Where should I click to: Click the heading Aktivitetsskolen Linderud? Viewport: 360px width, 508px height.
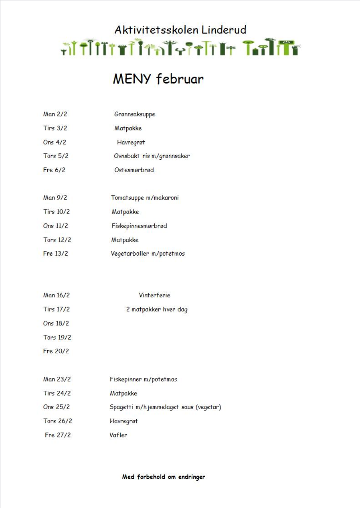pyautogui.click(x=180, y=30)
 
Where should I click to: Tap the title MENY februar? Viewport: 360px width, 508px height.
pyautogui.click(x=158, y=79)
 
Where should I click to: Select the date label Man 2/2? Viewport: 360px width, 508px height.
pyautogui.click(x=55, y=114)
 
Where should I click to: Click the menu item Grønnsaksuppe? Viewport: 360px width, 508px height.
pyautogui.click(x=135, y=114)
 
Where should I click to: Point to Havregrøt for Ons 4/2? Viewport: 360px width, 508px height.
pyautogui.click(x=131, y=142)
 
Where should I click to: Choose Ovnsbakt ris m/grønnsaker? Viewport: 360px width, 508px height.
pyautogui.click(x=152, y=156)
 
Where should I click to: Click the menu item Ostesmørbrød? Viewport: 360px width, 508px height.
pyautogui.click(x=134, y=170)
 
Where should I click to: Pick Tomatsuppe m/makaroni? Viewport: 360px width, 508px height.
pyautogui.click(x=145, y=198)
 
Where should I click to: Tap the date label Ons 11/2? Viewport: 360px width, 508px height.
pyautogui.click(x=55, y=226)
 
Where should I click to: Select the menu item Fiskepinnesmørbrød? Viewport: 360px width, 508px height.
pyautogui.click(x=139, y=226)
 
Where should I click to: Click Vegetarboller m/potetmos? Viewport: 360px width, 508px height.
pyautogui.click(x=148, y=254)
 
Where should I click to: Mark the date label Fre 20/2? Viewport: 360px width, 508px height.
pyautogui.click(x=56, y=351)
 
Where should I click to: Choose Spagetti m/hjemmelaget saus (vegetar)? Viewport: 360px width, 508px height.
pyautogui.click(x=165, y=407)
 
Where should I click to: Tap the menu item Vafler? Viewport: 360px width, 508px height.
pyautogui.click(x=118, y=435)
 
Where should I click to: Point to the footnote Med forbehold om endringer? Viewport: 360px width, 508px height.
pyautogui.click(x=164, y=477)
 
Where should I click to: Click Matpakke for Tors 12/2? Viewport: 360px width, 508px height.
pyautogui.click(x=125, y=240)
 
